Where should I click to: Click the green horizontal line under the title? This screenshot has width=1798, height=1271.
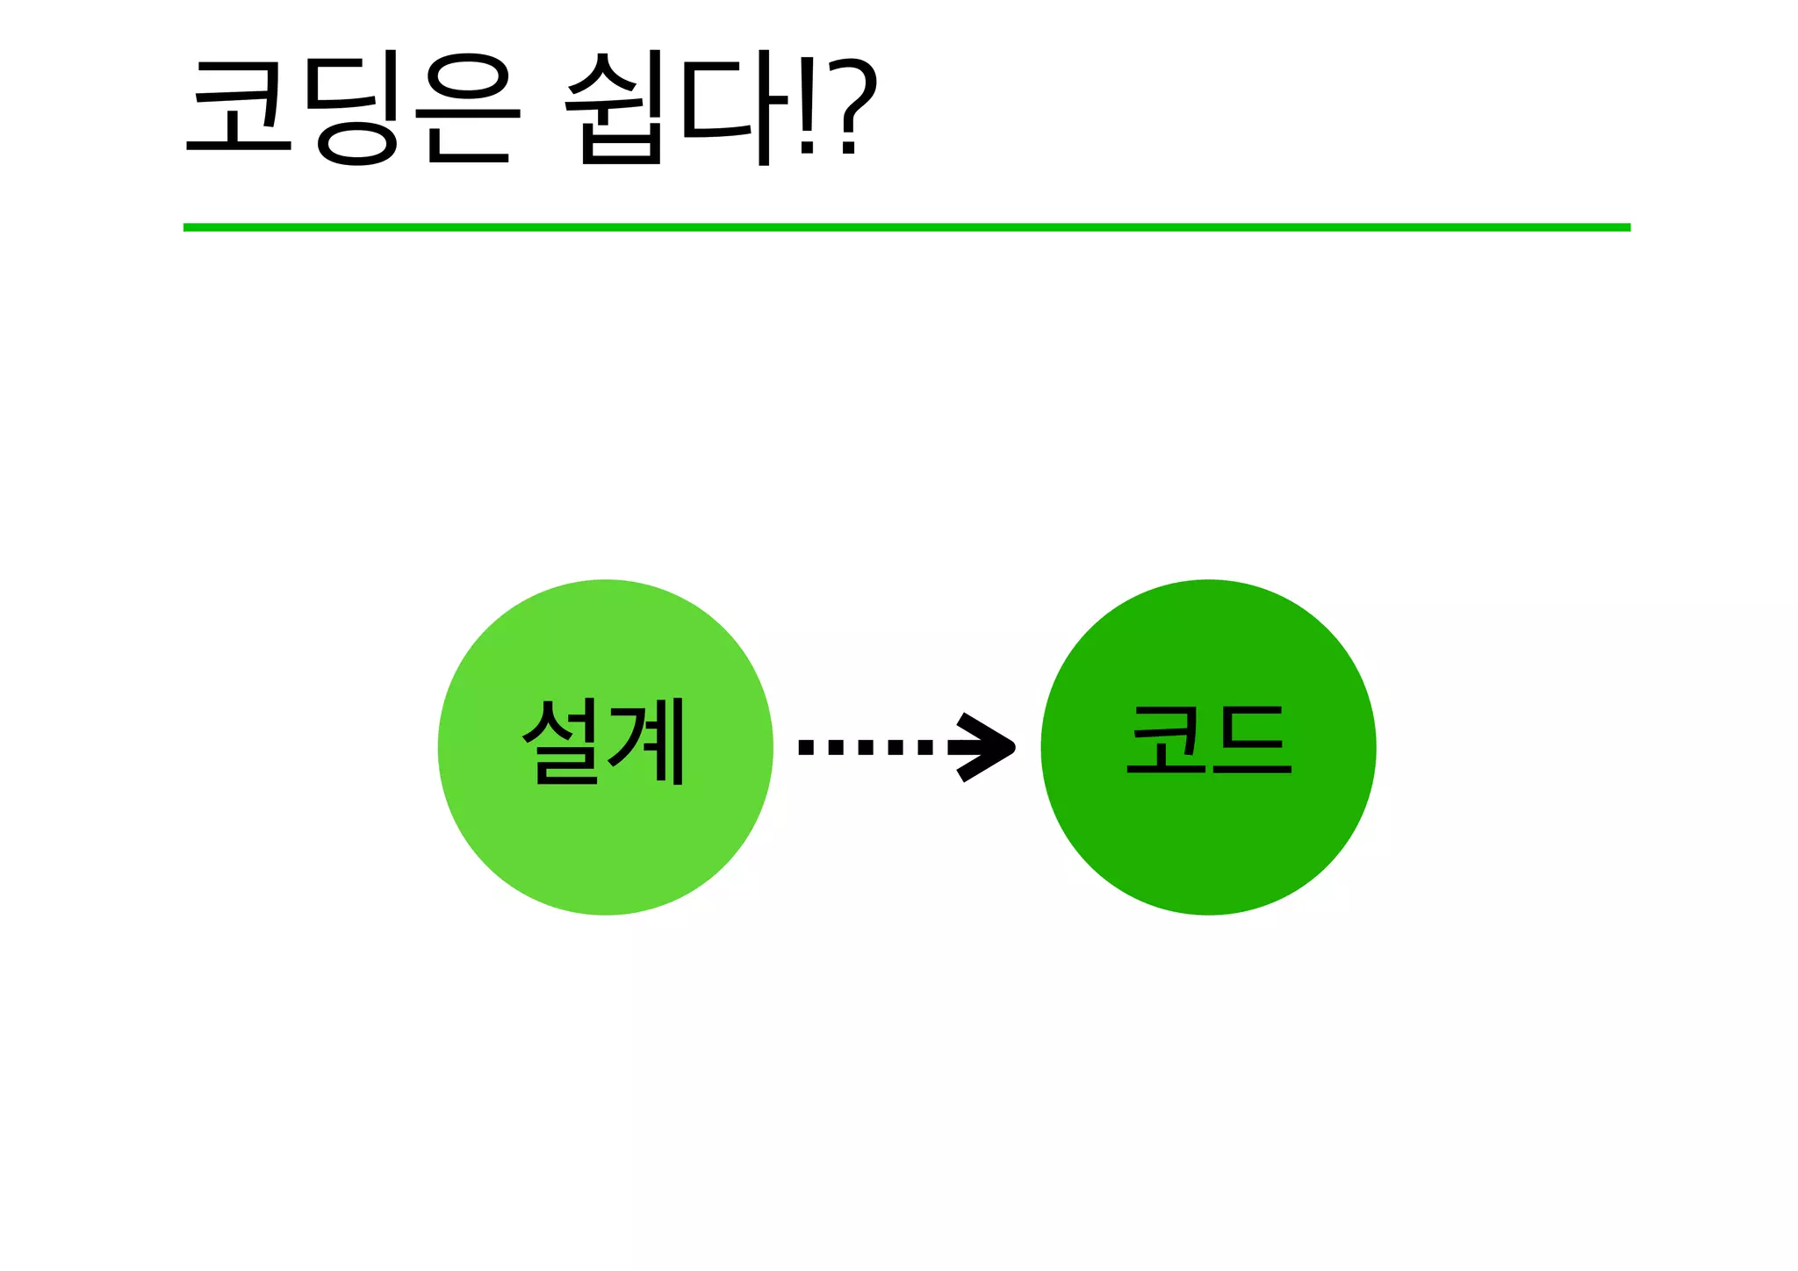click(x=906, y=227)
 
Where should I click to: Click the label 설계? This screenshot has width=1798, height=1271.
click(x=604, y=742)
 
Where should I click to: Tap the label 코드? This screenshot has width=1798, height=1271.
click(x=1209, y=741)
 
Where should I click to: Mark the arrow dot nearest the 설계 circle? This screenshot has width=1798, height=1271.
click(x=806, y=747)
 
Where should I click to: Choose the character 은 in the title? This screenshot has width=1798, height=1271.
click(x=468, y=110)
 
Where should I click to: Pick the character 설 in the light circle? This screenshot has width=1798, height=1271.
click(x=562, y=742)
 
